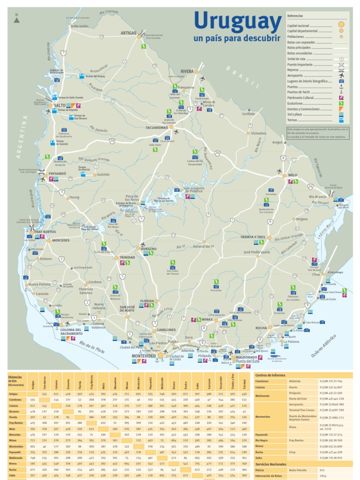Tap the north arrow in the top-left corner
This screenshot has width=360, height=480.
(17, 18)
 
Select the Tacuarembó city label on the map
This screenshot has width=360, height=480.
(157, 127)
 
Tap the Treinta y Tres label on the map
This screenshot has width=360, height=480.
(253, 237)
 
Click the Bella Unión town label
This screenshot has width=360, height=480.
(79, 27)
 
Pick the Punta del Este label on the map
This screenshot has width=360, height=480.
(248, 361)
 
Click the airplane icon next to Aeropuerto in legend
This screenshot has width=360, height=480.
(341, 75)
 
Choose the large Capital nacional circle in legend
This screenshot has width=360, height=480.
(341, 24)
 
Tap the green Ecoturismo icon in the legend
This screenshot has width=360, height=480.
(341, 104)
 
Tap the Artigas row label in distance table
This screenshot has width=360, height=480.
(13, 394)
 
